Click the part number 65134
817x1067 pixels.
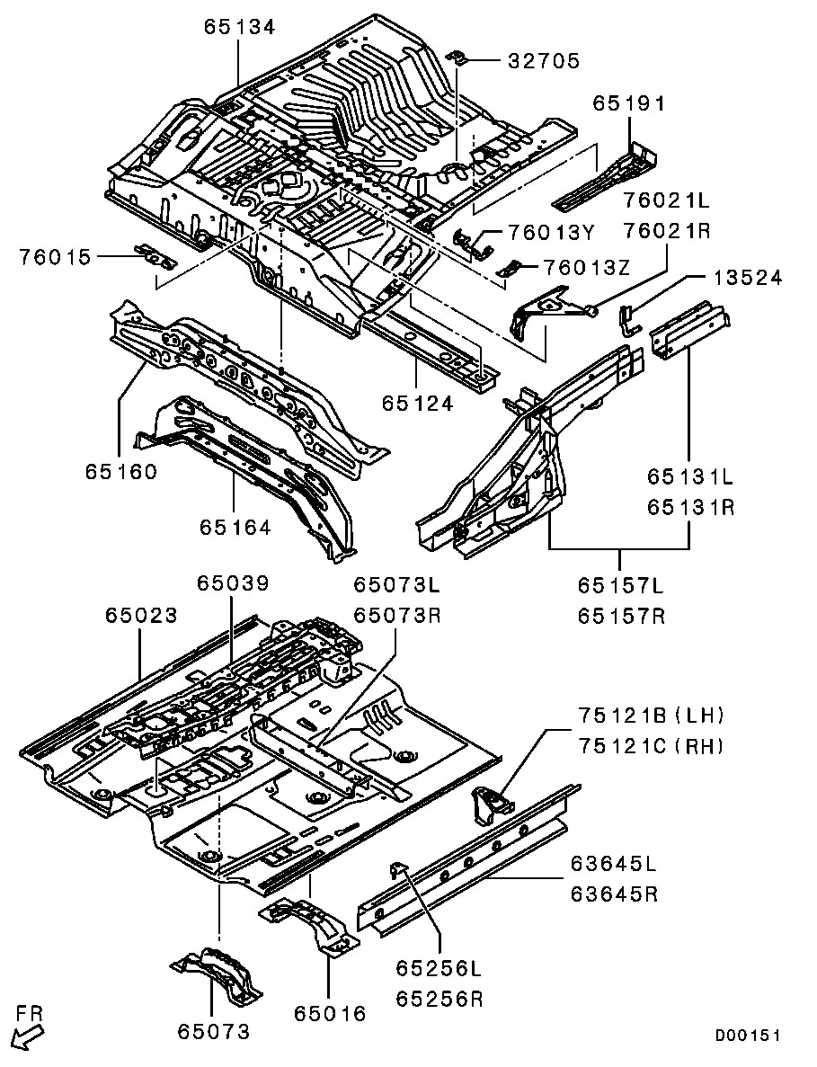click(x=240, y=27)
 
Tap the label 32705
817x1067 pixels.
click(x=544, y=61)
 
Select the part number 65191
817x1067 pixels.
click(x=628, y=103)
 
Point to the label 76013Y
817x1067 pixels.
click(x=551, y=234)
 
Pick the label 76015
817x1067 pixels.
click(x=56, y=258)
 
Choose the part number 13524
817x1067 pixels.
click(x=748, y=278)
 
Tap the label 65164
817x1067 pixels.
click(x=235, y=528)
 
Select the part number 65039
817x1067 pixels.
click(x=233, y=584)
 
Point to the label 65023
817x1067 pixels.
click(x=141, y=616)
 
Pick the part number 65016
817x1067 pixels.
click(x=330, y=1014)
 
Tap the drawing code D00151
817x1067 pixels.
click(x=747, y=1036)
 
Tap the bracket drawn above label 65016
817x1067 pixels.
click(x=308, y=923)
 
